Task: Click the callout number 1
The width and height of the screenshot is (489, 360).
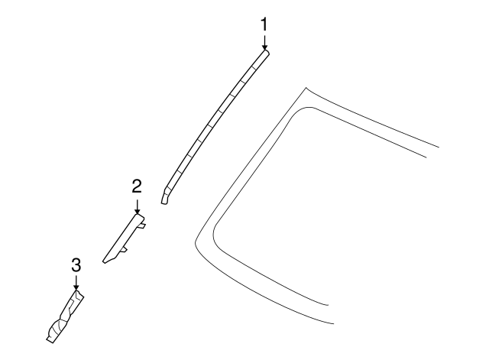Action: (264, 24)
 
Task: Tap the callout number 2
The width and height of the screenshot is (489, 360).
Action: (137, 186)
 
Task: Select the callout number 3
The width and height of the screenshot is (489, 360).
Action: (76, 265)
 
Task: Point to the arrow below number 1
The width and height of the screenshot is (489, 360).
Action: (264, 43)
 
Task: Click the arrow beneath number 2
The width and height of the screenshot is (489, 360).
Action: (137, 206)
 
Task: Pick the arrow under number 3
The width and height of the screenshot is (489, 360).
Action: (76, 283)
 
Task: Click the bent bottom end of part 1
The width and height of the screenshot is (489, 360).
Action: (165, 196)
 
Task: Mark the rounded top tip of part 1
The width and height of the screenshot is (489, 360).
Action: (266, 51)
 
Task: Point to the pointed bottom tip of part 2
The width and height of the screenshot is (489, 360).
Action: (104, 261)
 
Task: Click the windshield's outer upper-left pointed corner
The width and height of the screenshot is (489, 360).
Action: (306, 88)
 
